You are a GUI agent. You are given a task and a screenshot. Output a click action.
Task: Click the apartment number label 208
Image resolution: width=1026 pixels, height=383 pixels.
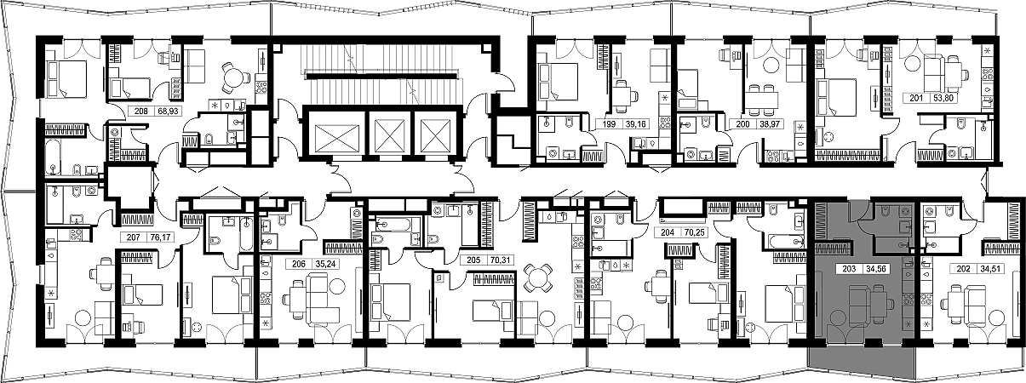[141, 111]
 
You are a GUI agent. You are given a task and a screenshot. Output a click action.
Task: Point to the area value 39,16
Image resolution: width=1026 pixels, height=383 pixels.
[632, 123]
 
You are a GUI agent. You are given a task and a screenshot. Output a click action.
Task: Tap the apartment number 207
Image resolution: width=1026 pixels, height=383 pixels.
[133, 237]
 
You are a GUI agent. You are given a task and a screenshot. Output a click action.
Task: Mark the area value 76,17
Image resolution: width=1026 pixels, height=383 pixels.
[160, 237]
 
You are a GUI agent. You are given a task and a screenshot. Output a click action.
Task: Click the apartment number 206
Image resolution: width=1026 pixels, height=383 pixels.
[298, 264]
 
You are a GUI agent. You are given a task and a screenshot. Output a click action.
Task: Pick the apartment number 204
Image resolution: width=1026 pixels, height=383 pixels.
[668, 232]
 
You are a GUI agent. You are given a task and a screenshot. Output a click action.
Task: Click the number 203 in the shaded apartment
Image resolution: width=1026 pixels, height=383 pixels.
[849, 269]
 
